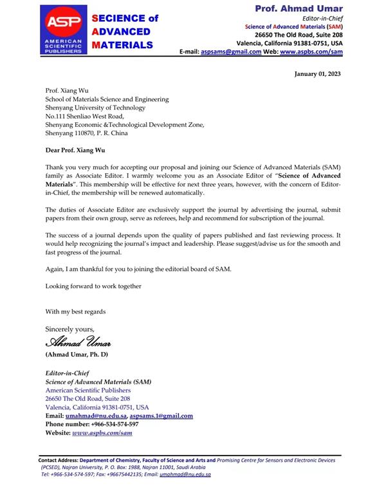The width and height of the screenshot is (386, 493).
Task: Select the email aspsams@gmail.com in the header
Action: (231, 51)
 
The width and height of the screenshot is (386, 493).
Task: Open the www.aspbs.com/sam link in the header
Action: (315, 51)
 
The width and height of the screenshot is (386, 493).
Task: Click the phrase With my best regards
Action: (75, 312)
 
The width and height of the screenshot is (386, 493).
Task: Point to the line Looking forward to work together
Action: (93, 286)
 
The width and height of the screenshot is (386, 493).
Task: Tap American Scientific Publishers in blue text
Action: (88, 390)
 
